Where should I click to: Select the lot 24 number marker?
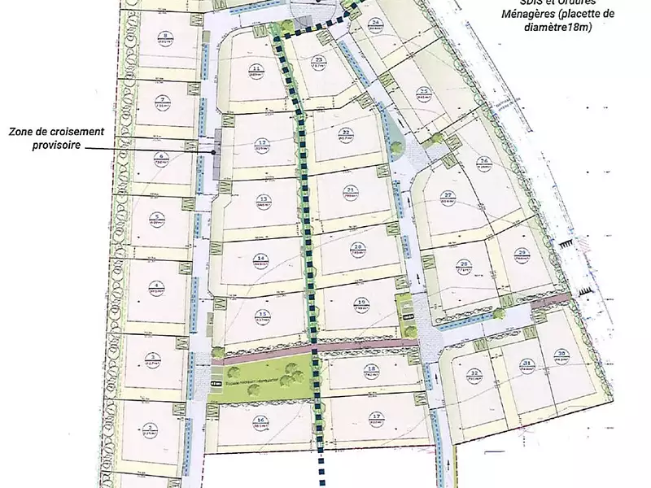[375, 23]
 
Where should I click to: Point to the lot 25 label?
[423, 92]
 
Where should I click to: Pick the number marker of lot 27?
[448, 194]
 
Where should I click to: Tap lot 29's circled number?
[522, 253]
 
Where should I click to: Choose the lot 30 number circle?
[561, 353]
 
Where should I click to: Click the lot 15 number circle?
[262, 315]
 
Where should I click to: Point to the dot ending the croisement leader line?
[214, 151]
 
